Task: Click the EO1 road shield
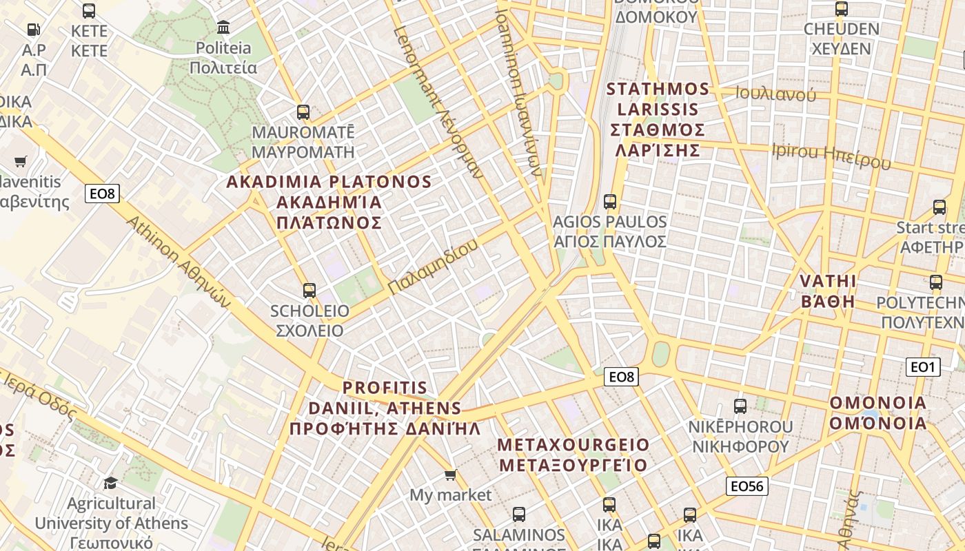pyautogui.click(x=922, y=367)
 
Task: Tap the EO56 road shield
pyautogui.click(x=747, y=486)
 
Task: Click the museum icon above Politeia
pyautogui.click(x=223, y=28)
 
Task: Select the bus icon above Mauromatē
pyautogui.click(x=303, y=112)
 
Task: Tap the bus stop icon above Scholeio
pyautogui.click(x=309, y=291)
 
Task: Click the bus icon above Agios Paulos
pyautogui.click(x=609, y=202)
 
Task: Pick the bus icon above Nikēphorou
pyautogui.click(x=740, y=406)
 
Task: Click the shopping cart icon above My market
pyautogui.click(x=451, y=475)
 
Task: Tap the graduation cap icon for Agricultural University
pyautogui.click(x=110, y=483)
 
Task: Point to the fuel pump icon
pyautogui.click(x=33, y=30)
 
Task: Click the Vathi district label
pyautogui.click(x=827, y=291)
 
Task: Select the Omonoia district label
pyautogui.click(x=877, y=413)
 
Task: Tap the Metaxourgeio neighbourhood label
pyautogui.click(x=573, y=455)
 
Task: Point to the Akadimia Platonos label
pyautogui.click(x=329, y=202)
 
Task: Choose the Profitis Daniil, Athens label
pyautogui.click(x=385, y=408)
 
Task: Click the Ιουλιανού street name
pyautogui.click(x=775, y=94)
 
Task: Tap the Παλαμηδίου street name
pyautogui.click(x=432, y=267)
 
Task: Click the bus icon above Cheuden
pyautogui.click(x=841, y=9)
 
